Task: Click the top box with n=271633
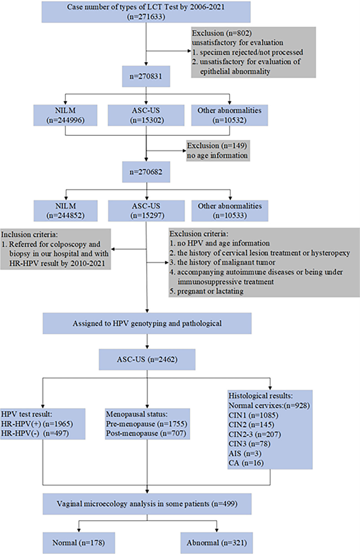146,12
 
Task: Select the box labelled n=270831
146,76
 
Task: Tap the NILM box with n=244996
65,115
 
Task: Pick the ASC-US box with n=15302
146,115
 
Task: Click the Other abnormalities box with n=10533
229,211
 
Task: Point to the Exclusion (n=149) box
217,150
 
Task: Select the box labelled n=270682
146,172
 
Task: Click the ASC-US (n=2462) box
147,359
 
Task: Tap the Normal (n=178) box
79,543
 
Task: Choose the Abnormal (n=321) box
217,543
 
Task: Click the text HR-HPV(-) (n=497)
35,433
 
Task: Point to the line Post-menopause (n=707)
146,433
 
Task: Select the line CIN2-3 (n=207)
254,434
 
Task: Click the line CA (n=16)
246,463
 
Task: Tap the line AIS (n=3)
245,453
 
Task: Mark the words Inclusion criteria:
29,234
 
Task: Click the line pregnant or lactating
210,291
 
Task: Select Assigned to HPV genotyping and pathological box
147,323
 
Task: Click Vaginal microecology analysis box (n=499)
147,504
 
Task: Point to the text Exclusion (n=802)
222,33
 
